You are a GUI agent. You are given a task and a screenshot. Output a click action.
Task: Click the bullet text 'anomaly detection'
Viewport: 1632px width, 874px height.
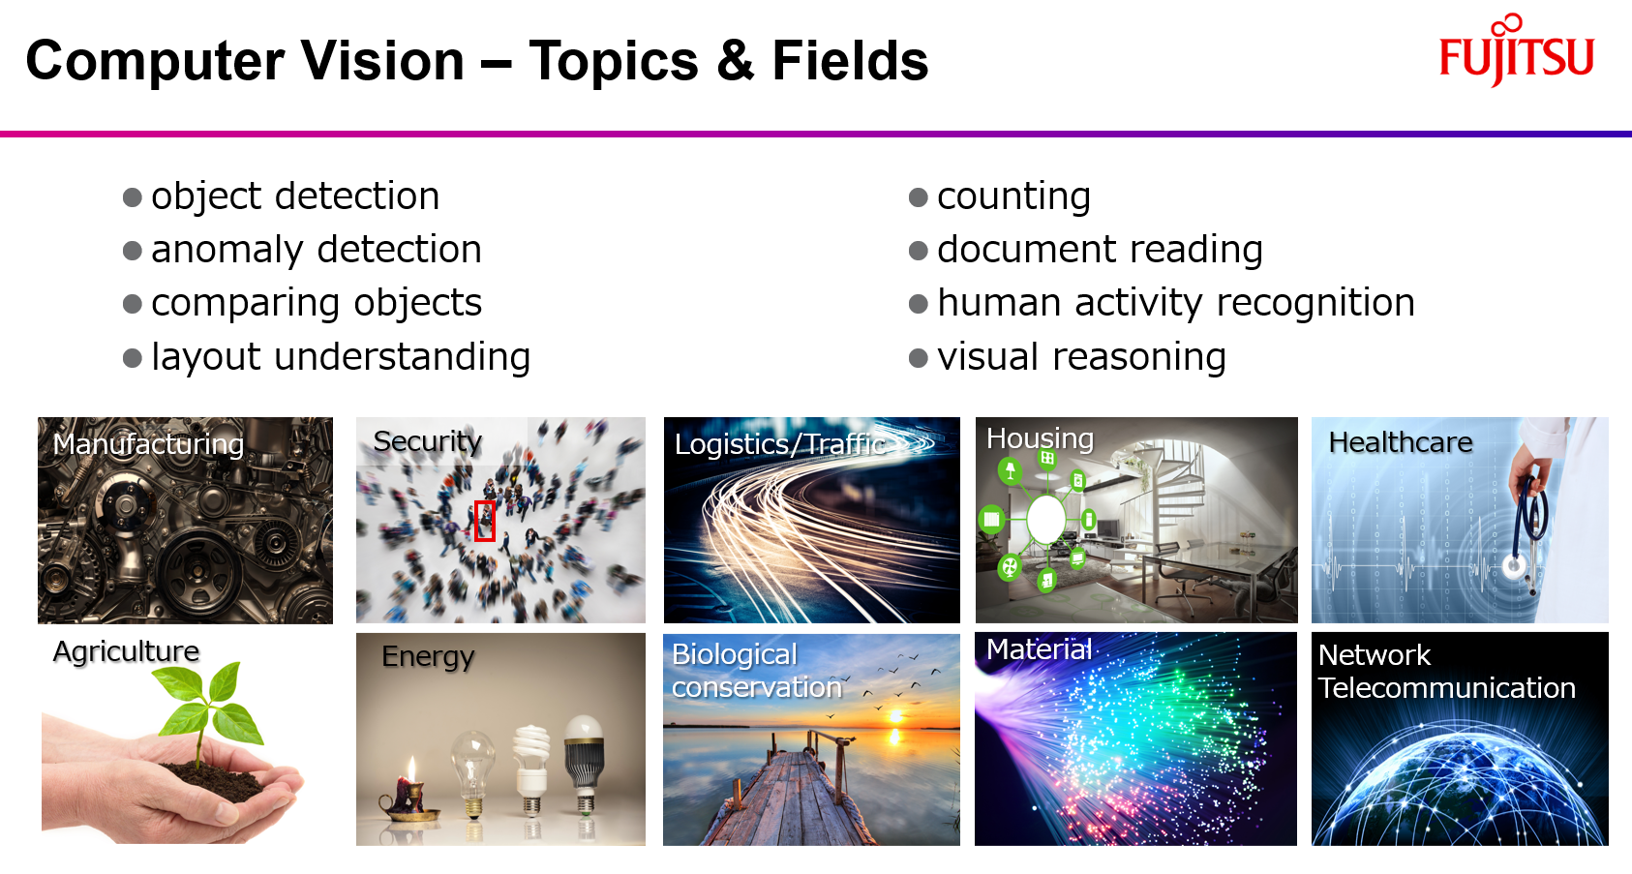click(x=316, y=250)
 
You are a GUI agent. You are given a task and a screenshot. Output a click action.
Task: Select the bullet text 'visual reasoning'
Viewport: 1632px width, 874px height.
click(x=1081, y=357)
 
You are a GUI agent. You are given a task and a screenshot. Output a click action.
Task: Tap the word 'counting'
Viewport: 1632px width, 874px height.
click(x=1013, y=196)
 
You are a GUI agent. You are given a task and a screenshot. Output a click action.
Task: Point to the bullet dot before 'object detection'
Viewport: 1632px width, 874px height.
click(x=133, y=198)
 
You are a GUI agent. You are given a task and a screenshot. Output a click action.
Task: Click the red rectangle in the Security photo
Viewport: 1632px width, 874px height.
click(x=485, y=521)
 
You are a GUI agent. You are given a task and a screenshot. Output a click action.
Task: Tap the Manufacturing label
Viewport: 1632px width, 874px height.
click(x=148, y=444)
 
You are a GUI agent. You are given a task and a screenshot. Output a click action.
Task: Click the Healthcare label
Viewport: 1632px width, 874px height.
click(x=1400, y=442)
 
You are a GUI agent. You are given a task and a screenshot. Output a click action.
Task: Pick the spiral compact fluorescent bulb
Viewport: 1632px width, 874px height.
click(x=530, y=760)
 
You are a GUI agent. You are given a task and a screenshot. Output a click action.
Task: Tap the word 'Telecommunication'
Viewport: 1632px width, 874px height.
click(x=1446, y=688)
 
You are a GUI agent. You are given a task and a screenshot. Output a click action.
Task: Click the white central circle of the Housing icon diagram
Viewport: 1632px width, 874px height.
click(x=1045, y=520)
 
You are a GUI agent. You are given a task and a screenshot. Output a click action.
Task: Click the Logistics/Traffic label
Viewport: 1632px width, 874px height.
click(x=780, y=444)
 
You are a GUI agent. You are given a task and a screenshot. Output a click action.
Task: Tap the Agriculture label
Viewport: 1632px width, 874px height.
click(x=126, y=651)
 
